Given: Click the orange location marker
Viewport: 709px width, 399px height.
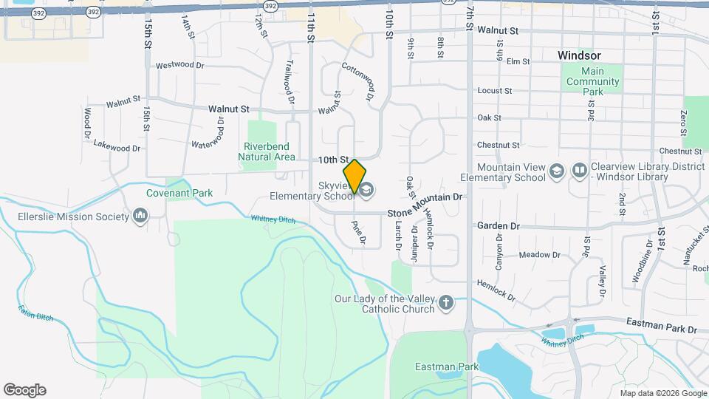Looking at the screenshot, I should pos(354,177).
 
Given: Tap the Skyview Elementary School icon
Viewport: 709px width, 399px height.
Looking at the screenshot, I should pos(367,190).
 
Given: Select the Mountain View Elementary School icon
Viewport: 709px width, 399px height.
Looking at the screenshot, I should pos(557,172).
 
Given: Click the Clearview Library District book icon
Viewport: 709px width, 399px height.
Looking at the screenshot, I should pos(580,172).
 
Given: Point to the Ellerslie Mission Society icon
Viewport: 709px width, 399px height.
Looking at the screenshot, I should pos(140,216).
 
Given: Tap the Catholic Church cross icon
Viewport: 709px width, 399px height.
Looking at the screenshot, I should pos(445,303).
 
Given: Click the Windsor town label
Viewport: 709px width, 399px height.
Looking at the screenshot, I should pos(579,55).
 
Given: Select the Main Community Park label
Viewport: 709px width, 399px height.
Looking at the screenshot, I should pos(592,81).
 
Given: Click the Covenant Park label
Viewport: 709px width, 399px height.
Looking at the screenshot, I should pos(179,193).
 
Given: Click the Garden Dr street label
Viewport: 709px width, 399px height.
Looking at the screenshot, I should pos(499,225).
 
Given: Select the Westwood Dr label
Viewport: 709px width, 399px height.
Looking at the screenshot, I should pos(179,65).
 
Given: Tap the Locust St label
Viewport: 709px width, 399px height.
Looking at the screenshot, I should pos(495,91).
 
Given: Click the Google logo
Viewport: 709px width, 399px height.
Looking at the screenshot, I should pos(24,390).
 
